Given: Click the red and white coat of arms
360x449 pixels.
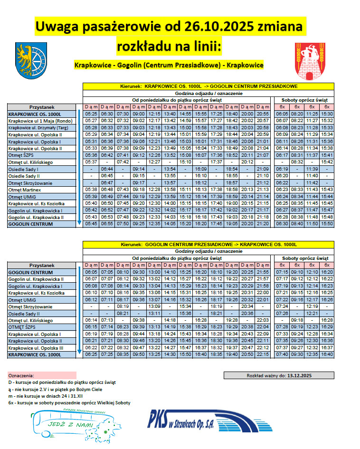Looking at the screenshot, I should tap(310, 61).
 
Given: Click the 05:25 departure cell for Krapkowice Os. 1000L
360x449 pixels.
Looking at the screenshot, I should tap(91, 114).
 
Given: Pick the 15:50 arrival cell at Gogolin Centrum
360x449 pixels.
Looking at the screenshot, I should tap(327, 224).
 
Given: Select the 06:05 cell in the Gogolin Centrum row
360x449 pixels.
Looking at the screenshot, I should tap(91, 272).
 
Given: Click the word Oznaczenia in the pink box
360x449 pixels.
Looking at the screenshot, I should tap(21, 375).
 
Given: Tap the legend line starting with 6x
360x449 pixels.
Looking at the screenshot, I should tap(69, 402).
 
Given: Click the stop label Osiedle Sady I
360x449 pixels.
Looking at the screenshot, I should tap(23, 169).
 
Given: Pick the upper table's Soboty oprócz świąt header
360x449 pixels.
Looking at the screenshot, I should tap(304, 100).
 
